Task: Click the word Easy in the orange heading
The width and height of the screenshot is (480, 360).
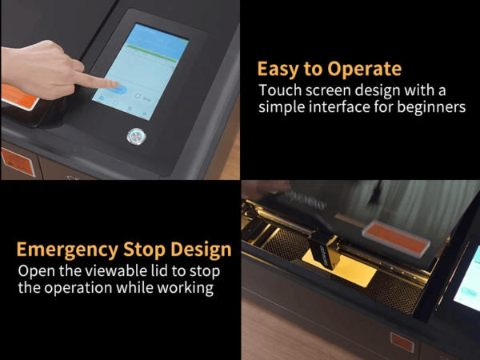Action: (278, 69)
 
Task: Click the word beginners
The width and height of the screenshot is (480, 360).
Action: (431, 107)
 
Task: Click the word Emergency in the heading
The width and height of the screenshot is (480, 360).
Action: (67, 250)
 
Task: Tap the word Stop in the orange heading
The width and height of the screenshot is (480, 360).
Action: (144, 250)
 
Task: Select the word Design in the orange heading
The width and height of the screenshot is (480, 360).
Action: (201, 250)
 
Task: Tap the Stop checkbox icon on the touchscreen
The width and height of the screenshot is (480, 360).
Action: (138, 96)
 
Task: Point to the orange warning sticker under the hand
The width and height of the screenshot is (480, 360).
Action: (19, 97)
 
